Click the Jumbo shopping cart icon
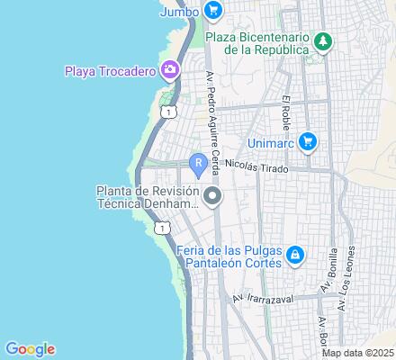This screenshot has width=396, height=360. click(213, 11)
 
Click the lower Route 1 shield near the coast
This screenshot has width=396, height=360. click(160, 229)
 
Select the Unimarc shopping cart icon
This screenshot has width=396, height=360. click(308, 141)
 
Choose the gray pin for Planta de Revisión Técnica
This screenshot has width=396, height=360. click(212, 196)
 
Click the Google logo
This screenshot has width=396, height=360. click(30, 349)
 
